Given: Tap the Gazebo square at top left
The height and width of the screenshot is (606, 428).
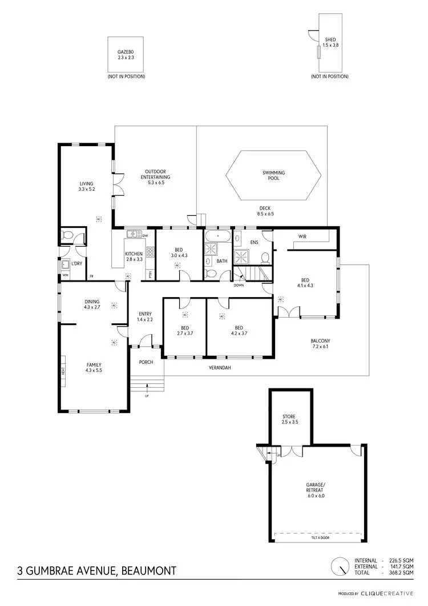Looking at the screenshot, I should pos(126,55).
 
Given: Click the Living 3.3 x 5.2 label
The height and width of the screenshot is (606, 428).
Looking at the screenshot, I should pos(86,186).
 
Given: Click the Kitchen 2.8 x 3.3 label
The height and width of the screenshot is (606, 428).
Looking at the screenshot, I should pos(134,256).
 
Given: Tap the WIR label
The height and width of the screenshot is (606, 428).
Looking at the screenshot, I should pos(302,236).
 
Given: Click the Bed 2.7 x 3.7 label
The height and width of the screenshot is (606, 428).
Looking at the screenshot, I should pos(185,330).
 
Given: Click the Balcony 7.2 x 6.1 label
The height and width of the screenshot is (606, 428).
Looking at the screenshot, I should pos(321,344).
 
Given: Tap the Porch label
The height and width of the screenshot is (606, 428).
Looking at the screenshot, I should pos(146,362).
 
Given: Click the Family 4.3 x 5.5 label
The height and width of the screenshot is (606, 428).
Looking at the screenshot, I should pos(94,367).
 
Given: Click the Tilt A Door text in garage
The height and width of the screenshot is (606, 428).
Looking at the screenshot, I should pos(318,537).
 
